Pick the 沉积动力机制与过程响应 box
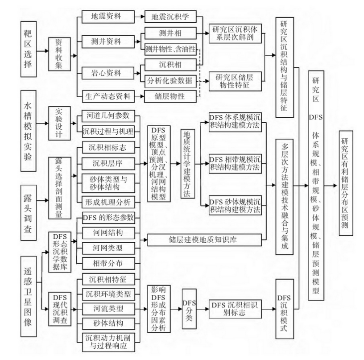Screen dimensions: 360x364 click(107, 341)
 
